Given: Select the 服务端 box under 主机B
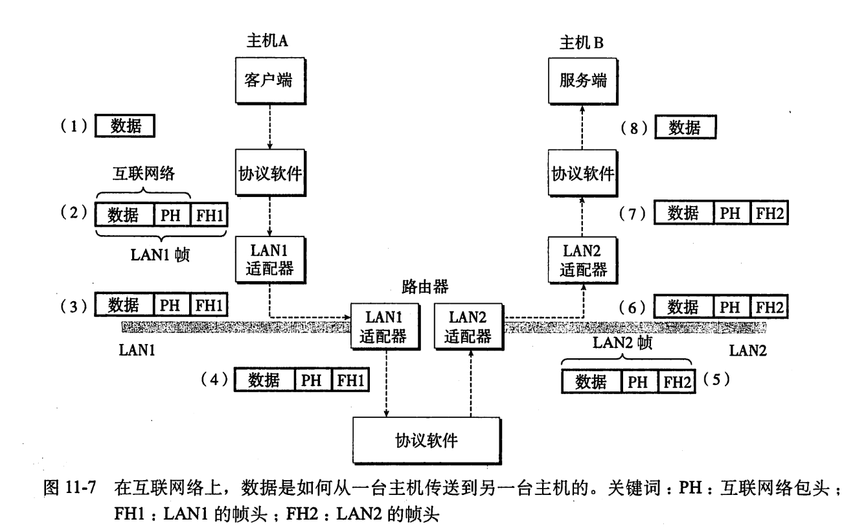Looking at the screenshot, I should tap(580, 83).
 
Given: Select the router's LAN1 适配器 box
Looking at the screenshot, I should tap(384, 328).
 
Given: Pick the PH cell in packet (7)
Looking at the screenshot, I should tap(732, 212).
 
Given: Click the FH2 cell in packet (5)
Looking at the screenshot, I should tap(674, 384).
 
